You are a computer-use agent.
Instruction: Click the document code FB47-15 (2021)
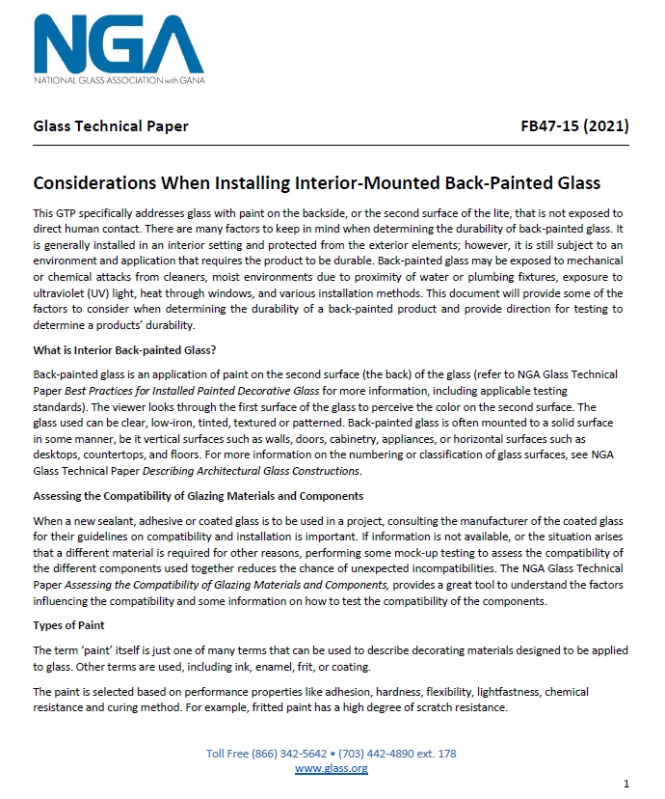pyautogui.click(x=574, y=125)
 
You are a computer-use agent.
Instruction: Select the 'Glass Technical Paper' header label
pyautogui.click(x=111, y=125)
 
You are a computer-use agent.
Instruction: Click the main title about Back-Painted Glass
pyautogui.click(x=316, y=182)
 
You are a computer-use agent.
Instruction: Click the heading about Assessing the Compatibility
pyautogui.click(x=198, y=496)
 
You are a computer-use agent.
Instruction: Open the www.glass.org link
pyautogui.click(x=331, y=768)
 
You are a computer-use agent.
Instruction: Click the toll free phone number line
pyautogui.click(x=331, y=753)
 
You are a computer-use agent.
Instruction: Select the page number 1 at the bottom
pyautogui.click(x=626, y=783)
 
